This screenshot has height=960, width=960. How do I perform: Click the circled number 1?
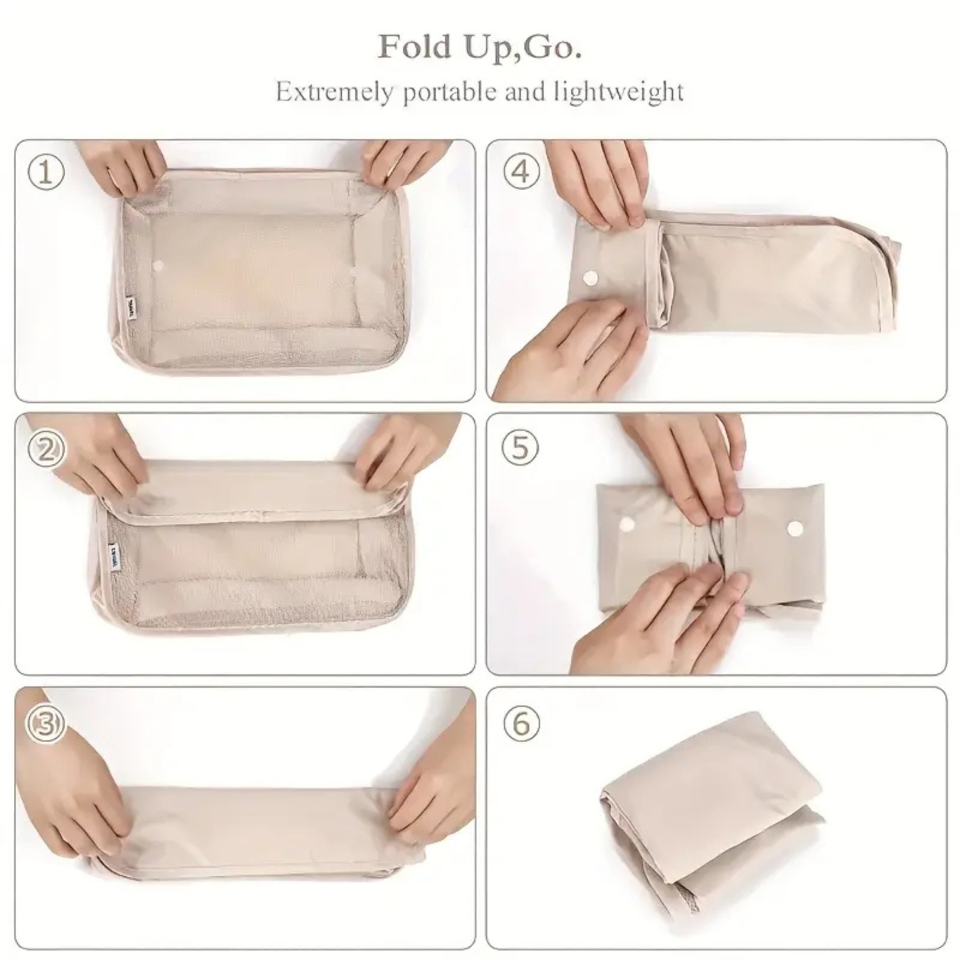coord(46,173)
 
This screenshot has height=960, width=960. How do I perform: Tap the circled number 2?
coord(46,450)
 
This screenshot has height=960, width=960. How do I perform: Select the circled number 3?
coord(46,724)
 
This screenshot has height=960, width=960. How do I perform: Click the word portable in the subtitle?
coord(451,91)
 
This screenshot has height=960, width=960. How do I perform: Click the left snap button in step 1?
coord(158,266)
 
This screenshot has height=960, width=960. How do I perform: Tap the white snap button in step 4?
coord(589,277)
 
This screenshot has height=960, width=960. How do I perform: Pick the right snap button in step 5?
coord(795,528)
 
